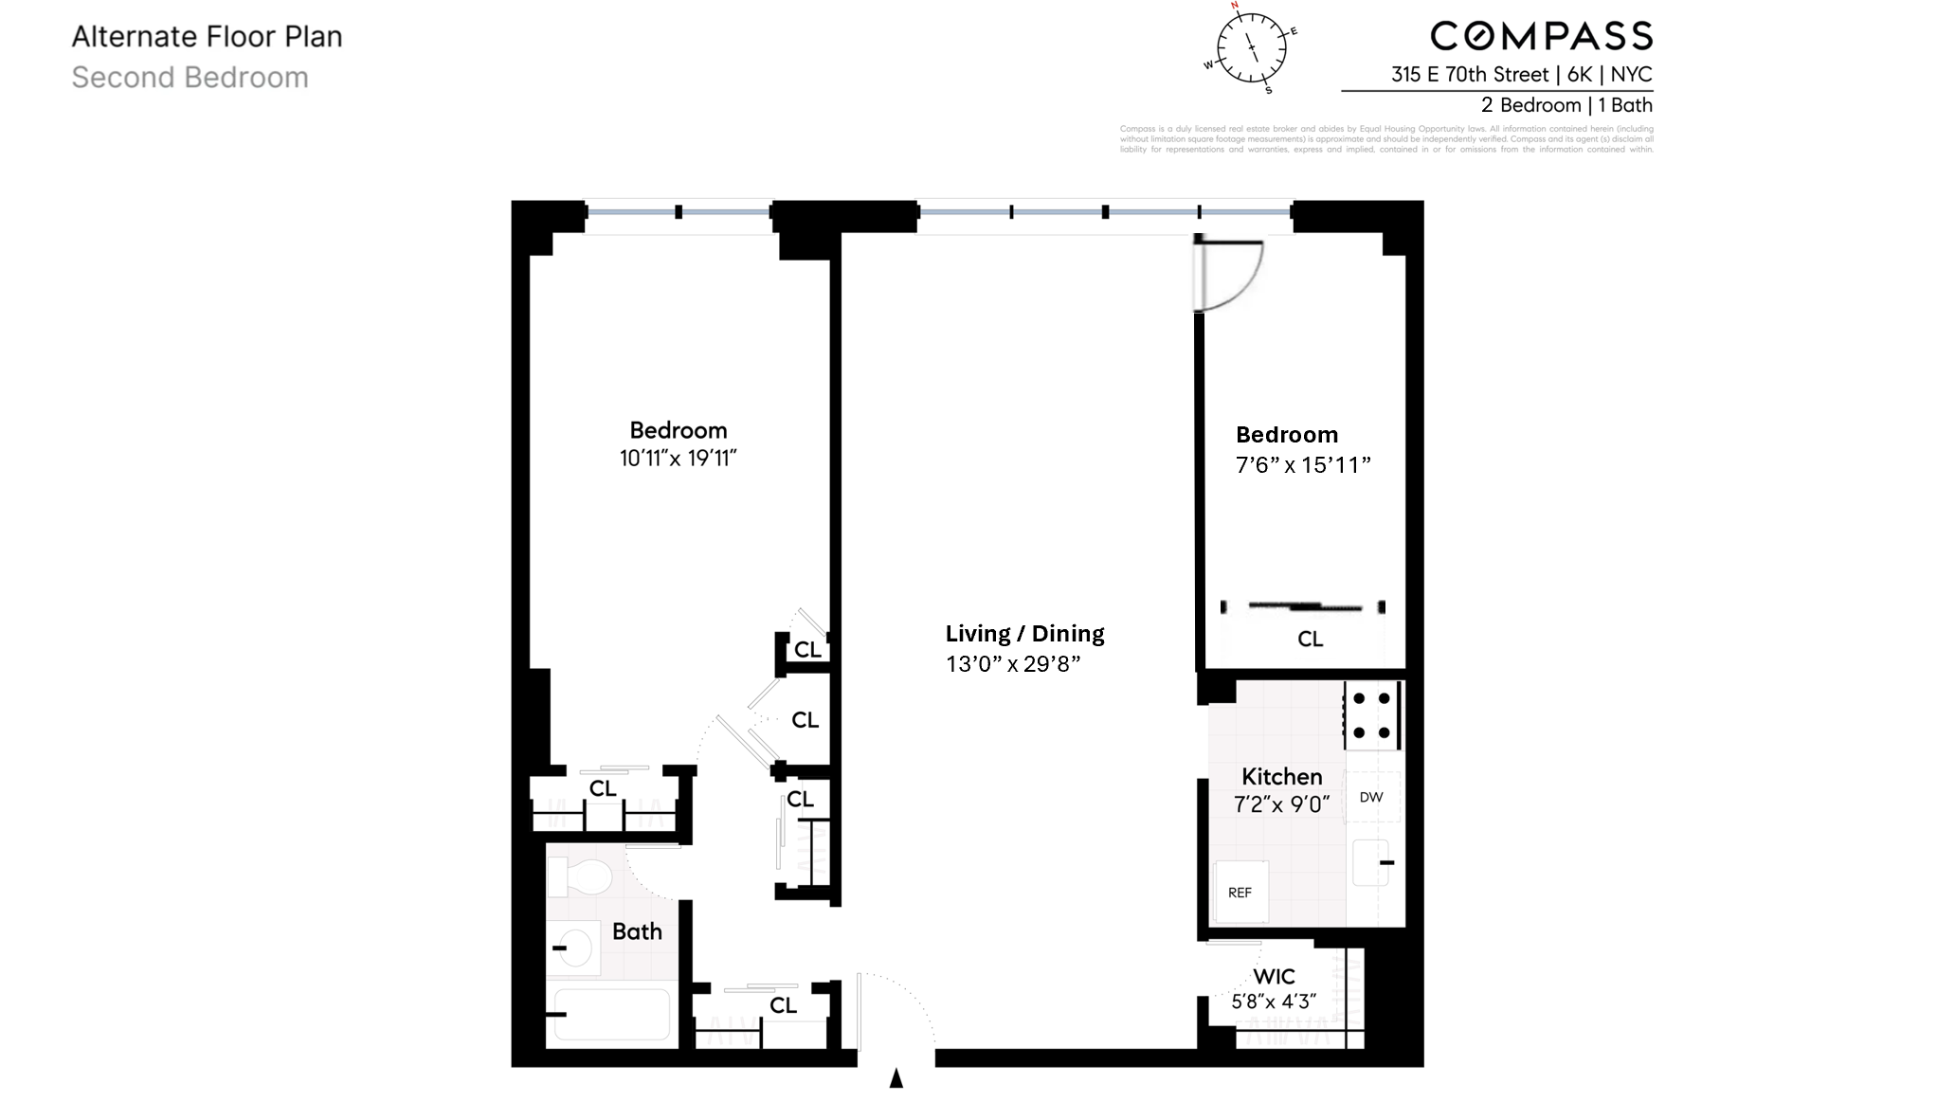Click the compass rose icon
pos(1250,48)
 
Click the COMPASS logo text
pos(1541,37)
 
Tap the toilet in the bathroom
pos(581,876)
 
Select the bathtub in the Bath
pos(611,1014)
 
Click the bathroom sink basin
pos(573,948)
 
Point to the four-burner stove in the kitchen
pos(1371,715)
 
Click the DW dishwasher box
pos(1371,797)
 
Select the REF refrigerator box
pos(1240,892)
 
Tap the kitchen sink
pos(1371,862)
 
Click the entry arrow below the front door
pos(896,1078)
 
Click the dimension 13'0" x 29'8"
pos(1013,663)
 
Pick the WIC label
pos(1274,976)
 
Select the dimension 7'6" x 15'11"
pos(1303,464)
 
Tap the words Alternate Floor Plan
pos(207,37)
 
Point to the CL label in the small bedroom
pos(1310,639)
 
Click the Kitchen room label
pos(1281,776)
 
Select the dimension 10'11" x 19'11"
pos(678,459)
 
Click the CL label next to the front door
pos(783,1005)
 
